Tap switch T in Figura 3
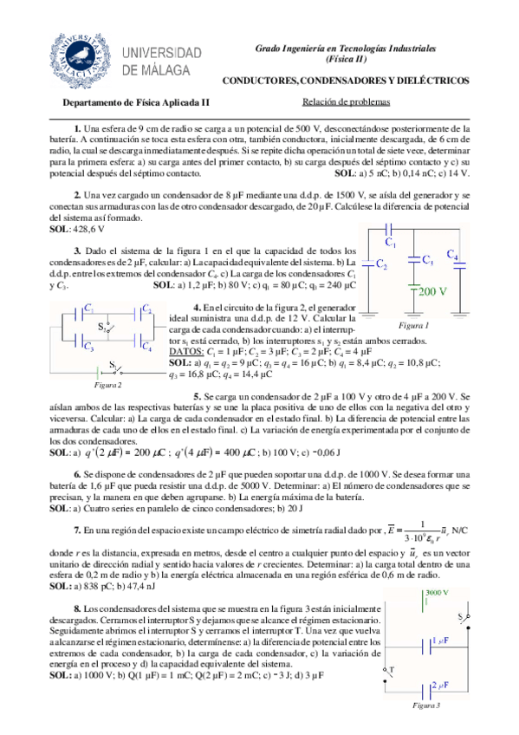[x=391, y=671]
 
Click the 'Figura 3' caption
[x=426, y=706]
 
